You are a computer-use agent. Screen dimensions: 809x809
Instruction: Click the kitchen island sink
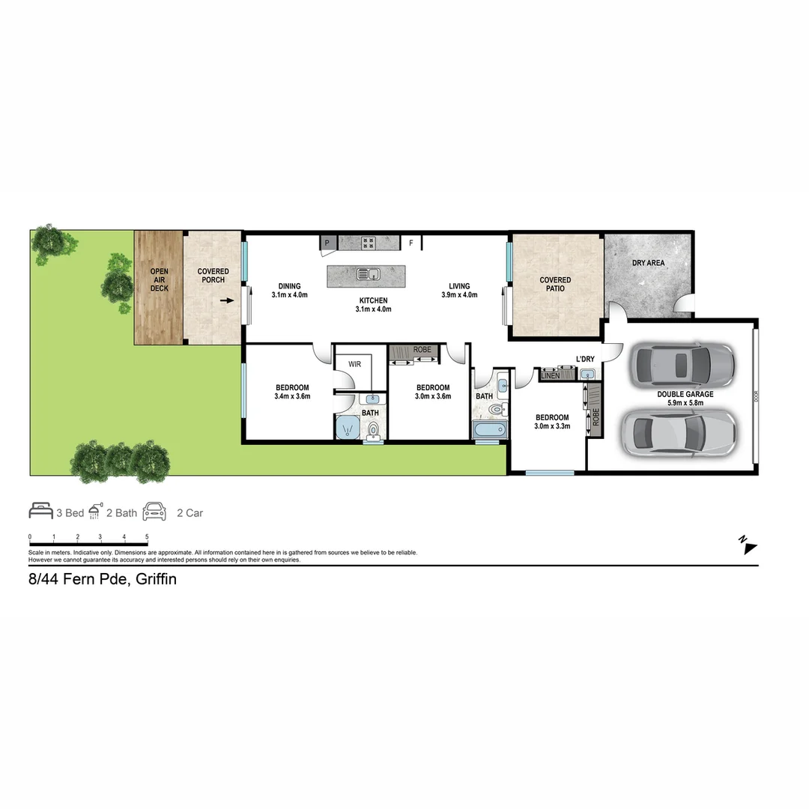tap(368, 273)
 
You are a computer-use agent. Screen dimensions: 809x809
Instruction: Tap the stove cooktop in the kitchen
tap(368, 242)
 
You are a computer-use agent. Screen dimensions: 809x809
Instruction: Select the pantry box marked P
tap(327, 243)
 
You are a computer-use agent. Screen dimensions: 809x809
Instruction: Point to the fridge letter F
tap(410, 243)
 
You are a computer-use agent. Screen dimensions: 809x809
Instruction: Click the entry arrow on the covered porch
tap(227, 300)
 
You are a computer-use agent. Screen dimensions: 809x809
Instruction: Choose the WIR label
tap(354, 365)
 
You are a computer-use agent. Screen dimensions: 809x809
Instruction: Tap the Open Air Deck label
tap(159, 279)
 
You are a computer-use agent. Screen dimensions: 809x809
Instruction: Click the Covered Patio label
tap(555, 284)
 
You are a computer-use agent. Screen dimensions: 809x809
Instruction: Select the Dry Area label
tap(648, 263)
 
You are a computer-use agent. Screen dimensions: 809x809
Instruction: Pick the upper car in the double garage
tap(682, 365)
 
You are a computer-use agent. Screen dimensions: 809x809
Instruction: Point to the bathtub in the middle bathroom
tap(490, 431)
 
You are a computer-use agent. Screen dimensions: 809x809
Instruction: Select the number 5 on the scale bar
tap(147, 537)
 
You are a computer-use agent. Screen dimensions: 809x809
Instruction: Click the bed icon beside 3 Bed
tap(40, 512)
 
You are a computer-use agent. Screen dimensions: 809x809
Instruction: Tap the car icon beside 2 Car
tap(154, 512)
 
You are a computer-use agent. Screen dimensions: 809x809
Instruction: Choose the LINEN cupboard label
tap(551, 375)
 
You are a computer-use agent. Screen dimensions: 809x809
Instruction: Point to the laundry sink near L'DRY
tap(588, 374)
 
